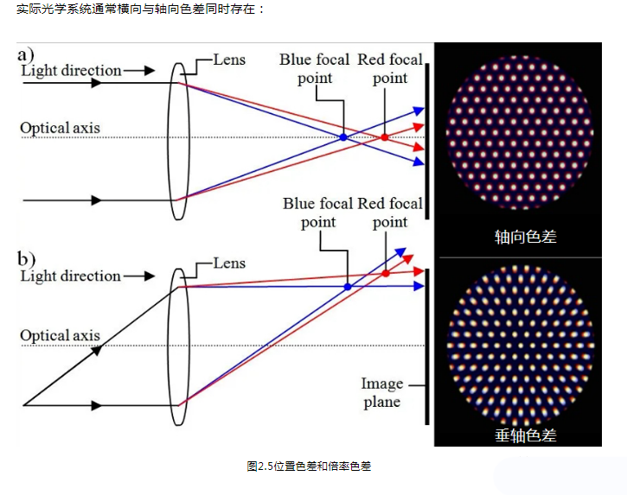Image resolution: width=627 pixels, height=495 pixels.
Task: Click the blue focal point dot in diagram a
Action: tap(343, 137)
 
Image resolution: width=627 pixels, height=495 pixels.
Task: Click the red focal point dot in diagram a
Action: tap(385, 137)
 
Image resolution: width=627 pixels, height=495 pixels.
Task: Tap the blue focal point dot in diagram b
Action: tap(348, 286)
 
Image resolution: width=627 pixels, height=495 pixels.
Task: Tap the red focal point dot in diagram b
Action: tap(386, 273)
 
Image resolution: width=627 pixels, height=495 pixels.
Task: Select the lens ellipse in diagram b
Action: tap(178, 346)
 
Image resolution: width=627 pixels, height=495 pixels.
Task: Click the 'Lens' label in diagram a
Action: tap(229, 60)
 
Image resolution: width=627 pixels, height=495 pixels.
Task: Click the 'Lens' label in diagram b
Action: tap(229, 263)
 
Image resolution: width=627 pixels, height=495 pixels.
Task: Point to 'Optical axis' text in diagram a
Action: tap(60, 128)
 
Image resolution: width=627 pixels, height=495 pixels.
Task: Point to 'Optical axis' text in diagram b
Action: tap(60, 335)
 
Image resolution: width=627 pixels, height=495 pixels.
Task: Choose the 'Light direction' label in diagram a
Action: tap(71, 70)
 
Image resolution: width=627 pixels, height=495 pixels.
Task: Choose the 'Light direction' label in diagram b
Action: tap(71, 276)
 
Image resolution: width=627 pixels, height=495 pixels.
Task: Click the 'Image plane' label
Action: tap(381, 393)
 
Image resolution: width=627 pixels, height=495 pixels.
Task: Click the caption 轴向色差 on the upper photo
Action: tap(525, 236)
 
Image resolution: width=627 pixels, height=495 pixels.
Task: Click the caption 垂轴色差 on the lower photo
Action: tap(525, 435)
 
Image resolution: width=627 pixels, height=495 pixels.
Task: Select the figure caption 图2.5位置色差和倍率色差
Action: tap(308, 466)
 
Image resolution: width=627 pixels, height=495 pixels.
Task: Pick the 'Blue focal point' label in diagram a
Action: tap(314, 68)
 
